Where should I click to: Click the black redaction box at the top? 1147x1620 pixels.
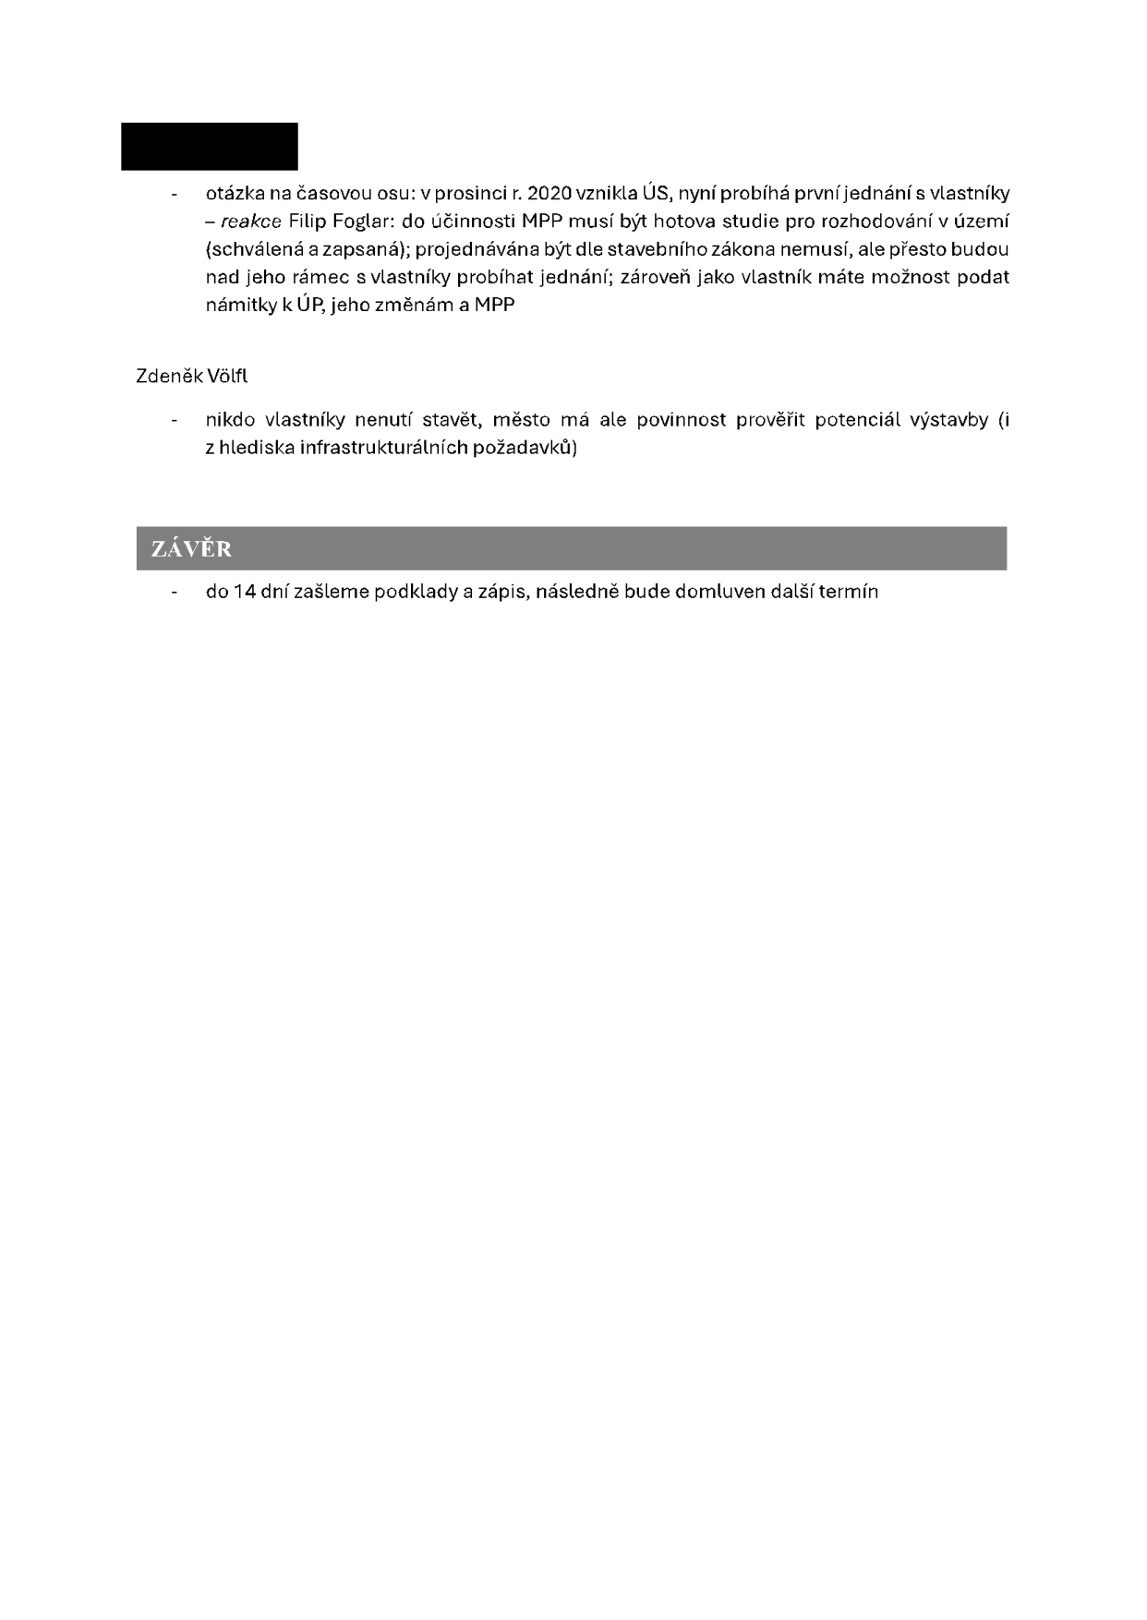210,146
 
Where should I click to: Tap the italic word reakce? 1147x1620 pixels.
250,222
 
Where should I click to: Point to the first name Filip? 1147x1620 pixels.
308,222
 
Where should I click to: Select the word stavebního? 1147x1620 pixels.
646,249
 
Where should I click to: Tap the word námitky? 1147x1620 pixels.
240,305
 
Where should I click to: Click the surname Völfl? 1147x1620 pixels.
227,377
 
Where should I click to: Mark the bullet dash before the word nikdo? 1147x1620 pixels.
174,421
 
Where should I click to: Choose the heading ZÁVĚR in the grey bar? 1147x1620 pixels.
191,549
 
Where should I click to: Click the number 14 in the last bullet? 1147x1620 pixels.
245,592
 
